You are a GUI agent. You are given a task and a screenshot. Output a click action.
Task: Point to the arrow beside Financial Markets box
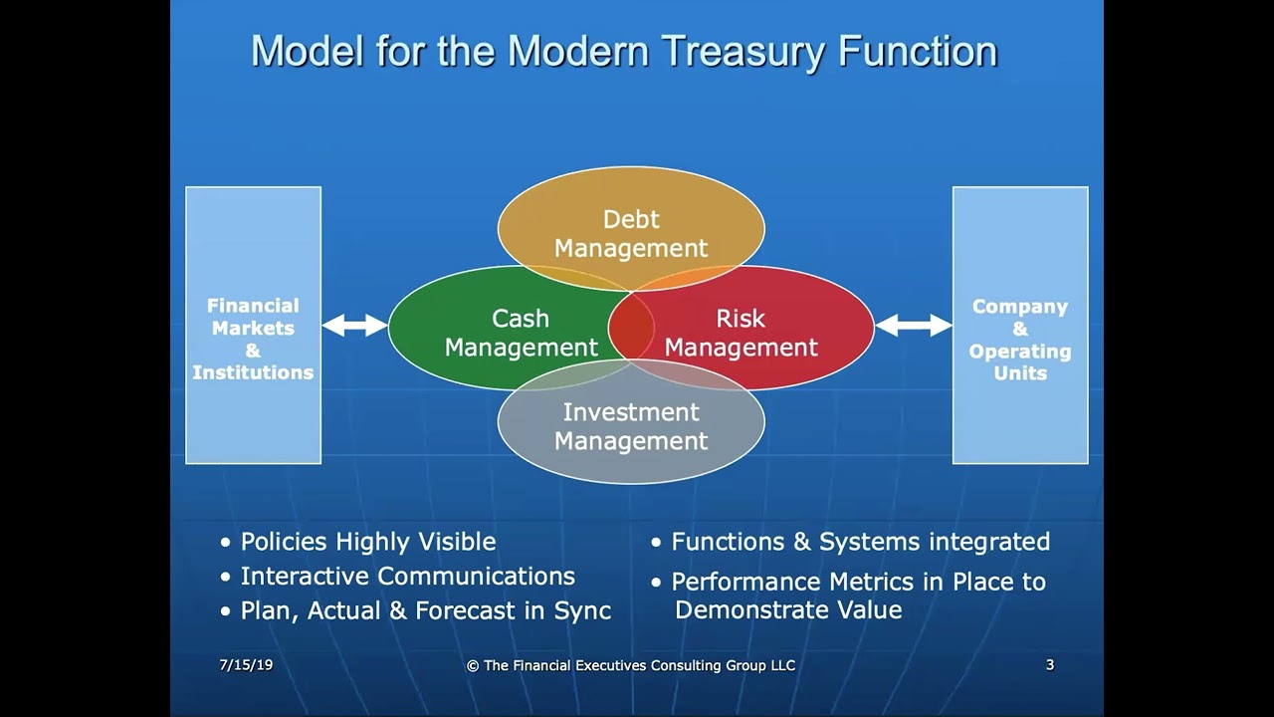tap(355, 325)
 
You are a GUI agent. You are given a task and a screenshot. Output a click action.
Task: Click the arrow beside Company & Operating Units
tap(914, 325)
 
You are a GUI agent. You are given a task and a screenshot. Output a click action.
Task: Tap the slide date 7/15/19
tap(246, 664)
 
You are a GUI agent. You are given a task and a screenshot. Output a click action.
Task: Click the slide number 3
tap(1049, 664)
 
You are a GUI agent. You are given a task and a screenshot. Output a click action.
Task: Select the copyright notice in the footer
tap(631, 665)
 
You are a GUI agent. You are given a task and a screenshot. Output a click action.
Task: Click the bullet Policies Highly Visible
tap(367, 542)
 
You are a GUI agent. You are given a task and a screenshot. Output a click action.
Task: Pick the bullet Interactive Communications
tap(407, 577)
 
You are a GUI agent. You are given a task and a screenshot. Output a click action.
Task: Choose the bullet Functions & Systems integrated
tap(860, 542)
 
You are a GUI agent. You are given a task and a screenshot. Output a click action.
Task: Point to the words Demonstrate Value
tap(788, 610)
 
